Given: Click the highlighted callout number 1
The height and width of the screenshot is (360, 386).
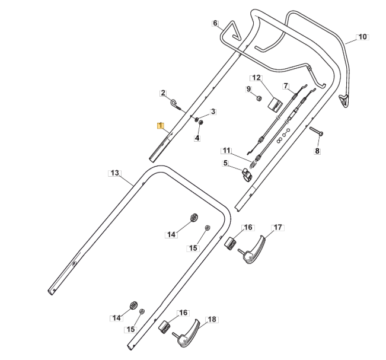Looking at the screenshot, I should pos(160,126).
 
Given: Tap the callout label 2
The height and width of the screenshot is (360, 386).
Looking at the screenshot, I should pos(162,93).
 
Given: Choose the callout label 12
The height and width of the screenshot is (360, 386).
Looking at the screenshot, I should pos(256,78).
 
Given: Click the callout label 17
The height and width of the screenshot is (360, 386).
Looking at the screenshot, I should pos(277,227).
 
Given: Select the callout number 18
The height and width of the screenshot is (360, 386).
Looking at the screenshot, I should pos(212,319).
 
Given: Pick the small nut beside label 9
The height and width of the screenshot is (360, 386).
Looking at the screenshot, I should pos(259,97).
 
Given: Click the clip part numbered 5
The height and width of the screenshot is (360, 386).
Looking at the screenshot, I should pos(245,173).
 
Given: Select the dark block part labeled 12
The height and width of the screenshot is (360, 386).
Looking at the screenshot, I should pos(275,104).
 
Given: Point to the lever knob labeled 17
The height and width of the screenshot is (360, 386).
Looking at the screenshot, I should pos(255,250).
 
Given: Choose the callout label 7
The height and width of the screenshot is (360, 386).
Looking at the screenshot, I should pos(286,85).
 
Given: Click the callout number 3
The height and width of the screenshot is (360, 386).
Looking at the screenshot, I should pos(213,111).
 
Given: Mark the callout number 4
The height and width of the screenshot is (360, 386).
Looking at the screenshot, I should pos(197,138).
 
